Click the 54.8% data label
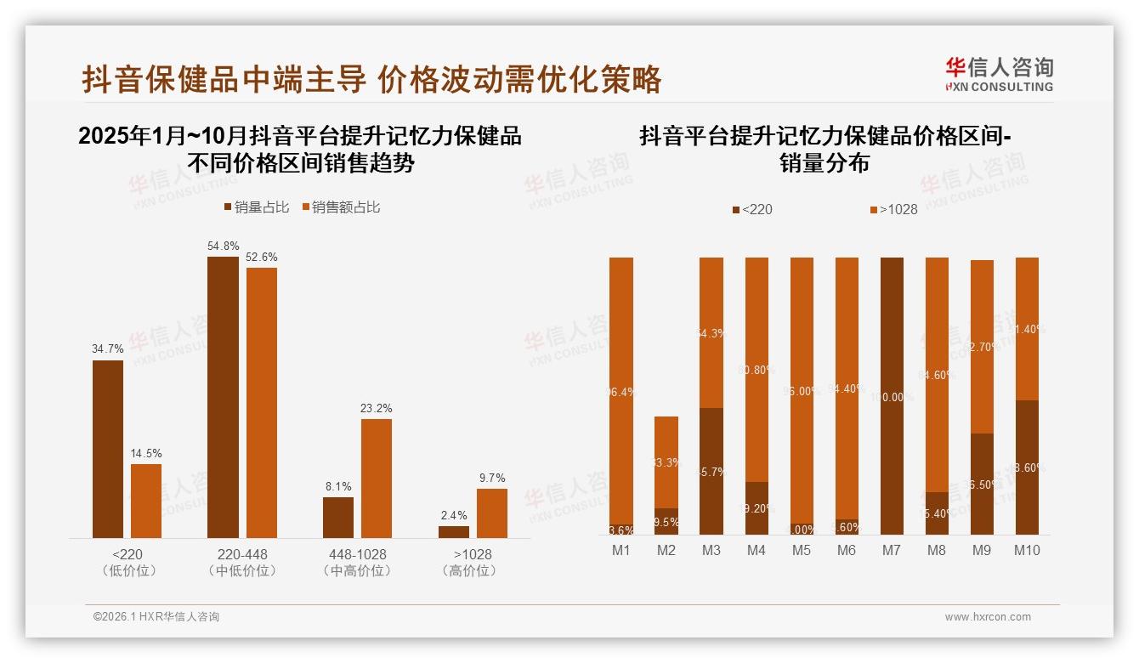(x=223, y=246)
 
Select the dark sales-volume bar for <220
(x=108, y=449)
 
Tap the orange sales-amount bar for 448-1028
(x=377, y=478)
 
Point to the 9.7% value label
(x=492, y=479)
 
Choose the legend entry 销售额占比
(x=341, y=207)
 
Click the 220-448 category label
(x=242, y=554)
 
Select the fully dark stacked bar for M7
(x=892, y=396)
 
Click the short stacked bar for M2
(x=666, y=475)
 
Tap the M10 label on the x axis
(x=1027, y=550)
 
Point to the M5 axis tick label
(x=801, y=550)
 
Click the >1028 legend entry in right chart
(x=893, y=209)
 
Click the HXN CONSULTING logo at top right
(x=999, y=75)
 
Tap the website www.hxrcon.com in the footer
(x=988, y=617)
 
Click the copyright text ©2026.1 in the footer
(x=156, y=617)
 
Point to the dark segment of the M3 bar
(x=711, y=471)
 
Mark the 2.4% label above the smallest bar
(x=454, y=515)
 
